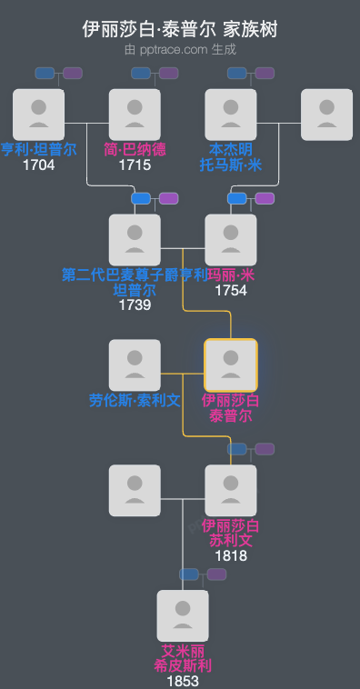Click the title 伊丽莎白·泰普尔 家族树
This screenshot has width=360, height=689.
(x=180, y=29)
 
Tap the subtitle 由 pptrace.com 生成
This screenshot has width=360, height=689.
(x=180, y=49)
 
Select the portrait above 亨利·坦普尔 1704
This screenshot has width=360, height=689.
(x=39, y=115)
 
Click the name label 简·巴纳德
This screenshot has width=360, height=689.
(x=135, y=150)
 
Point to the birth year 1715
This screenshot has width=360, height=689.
(x=135, y=165)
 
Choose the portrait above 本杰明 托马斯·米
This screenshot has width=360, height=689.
(x=231, y=115)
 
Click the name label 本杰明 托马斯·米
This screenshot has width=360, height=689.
(x=231, y=157)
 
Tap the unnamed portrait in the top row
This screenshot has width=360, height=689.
(x=326, y=115)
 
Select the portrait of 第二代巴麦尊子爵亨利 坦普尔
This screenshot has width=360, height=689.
(x=135, y=240)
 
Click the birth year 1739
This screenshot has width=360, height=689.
(x=135, y=305)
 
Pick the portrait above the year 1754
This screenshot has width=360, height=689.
(x=231, y=240)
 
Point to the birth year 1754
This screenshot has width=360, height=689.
(x=231, y=291)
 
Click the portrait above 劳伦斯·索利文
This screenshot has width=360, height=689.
(x=135, y=365)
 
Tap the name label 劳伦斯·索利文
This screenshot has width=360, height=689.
(x=135, y=400)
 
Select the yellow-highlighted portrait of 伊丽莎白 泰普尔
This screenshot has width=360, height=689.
(x=231, y=365)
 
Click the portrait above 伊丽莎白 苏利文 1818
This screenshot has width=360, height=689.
(x=231, y=491)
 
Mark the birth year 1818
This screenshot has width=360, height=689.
(x=231, y=555)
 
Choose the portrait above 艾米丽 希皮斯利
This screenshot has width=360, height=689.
(x=183, y=616)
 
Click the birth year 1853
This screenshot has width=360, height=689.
(x=183, y=681)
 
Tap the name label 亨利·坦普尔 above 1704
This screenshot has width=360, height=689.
(x=39, y=150)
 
